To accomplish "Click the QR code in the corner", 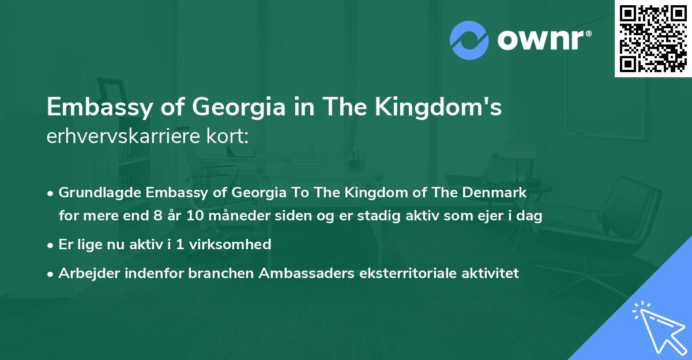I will click(653, 38).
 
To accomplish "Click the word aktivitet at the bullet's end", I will click(491, 273).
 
